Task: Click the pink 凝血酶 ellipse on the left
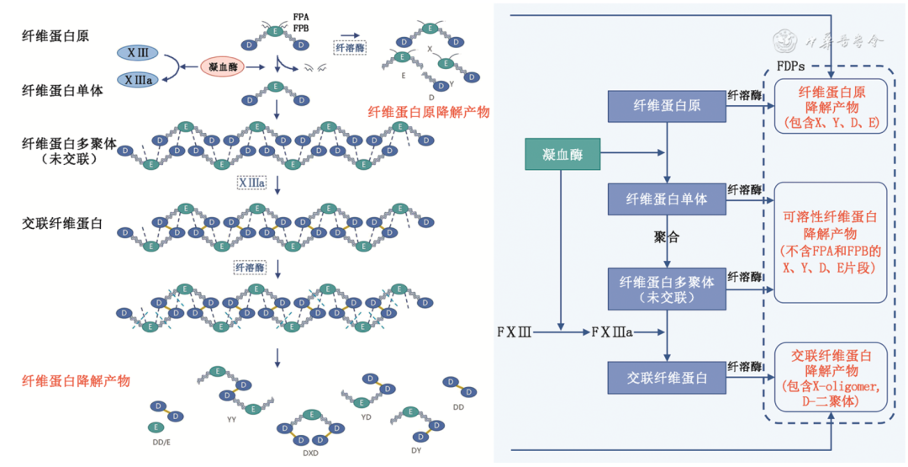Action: coord(222,65)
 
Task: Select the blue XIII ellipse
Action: coord(138,53)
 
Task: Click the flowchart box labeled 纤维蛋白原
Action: coord(667,104)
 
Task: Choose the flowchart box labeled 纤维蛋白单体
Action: coord(667,199)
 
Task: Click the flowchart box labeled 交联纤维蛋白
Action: coord(667,378)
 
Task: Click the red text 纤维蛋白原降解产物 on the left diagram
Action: coord(429,112)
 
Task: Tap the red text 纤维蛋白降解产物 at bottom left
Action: coord(76,381)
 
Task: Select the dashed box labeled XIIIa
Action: coord(251,183)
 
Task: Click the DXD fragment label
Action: coord(312,453)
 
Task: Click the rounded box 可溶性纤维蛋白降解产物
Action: coord(830,241)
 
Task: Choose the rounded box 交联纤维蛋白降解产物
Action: coord(830,377)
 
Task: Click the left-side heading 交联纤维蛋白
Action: coord(62,225)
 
